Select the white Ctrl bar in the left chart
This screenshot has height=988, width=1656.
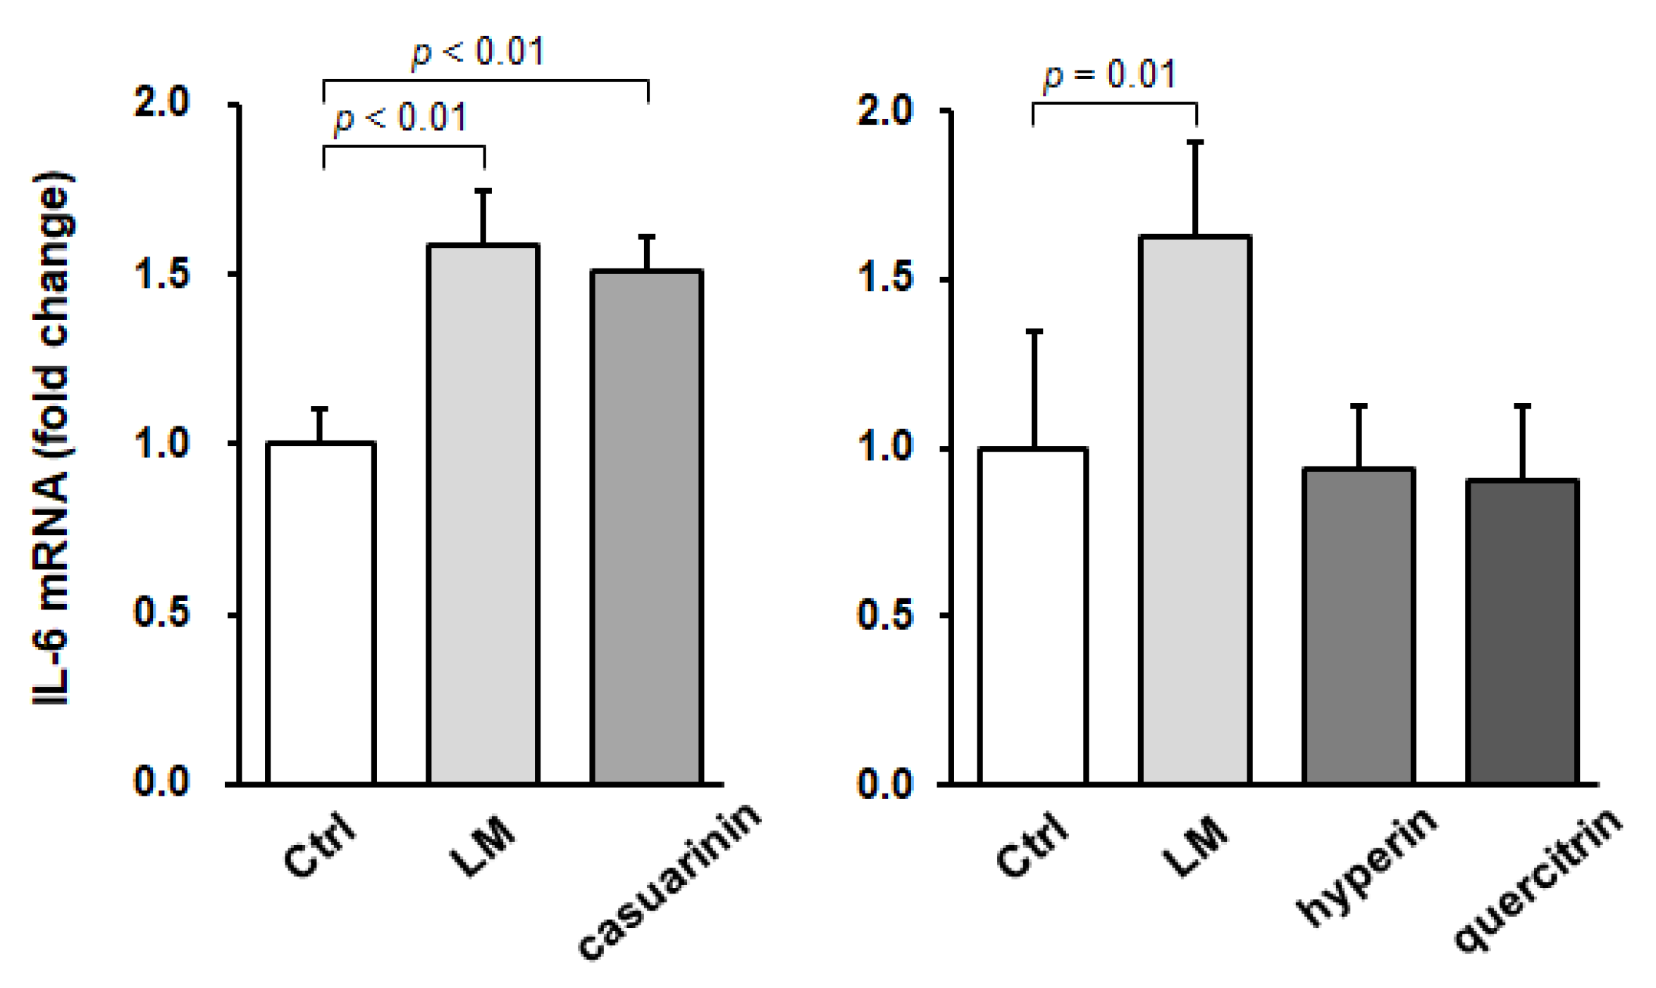pos(321,612)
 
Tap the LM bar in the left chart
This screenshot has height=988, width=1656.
pos(483,514)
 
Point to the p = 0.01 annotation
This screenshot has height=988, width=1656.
pos(1110,75)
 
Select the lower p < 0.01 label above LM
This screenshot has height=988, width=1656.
pos(400,118)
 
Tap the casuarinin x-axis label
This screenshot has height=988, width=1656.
pos(669,881)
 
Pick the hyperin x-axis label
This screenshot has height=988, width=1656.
pos(1367,867)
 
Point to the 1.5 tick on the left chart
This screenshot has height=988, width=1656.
pos(162,274)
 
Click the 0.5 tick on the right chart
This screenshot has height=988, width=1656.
pos(885,615)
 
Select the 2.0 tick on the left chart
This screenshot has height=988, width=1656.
pos(162,102)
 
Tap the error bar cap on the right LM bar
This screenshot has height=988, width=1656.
pos(1195,142)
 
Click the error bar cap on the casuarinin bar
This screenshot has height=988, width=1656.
pos(647,237)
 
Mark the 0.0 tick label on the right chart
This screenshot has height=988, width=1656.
pos(885,784)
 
